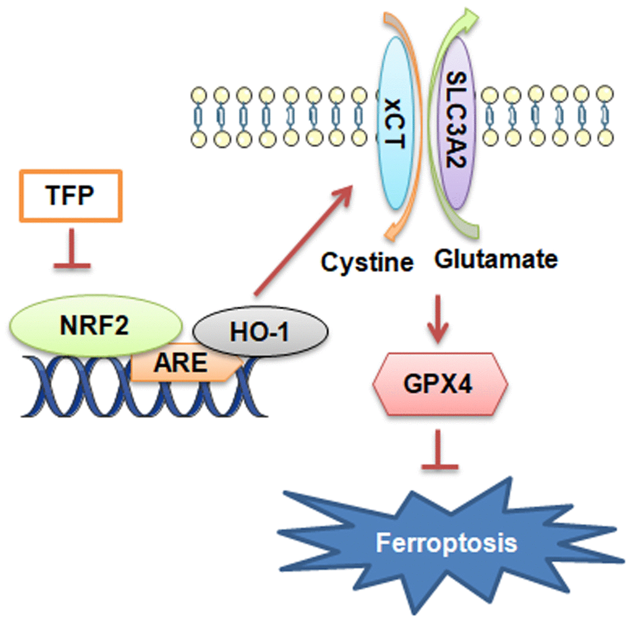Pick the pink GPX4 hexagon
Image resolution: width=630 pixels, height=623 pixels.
coord(440,385)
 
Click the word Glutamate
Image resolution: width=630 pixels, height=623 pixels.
coord(496,259)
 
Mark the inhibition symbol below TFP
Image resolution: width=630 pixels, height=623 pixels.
coord(72,250)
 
